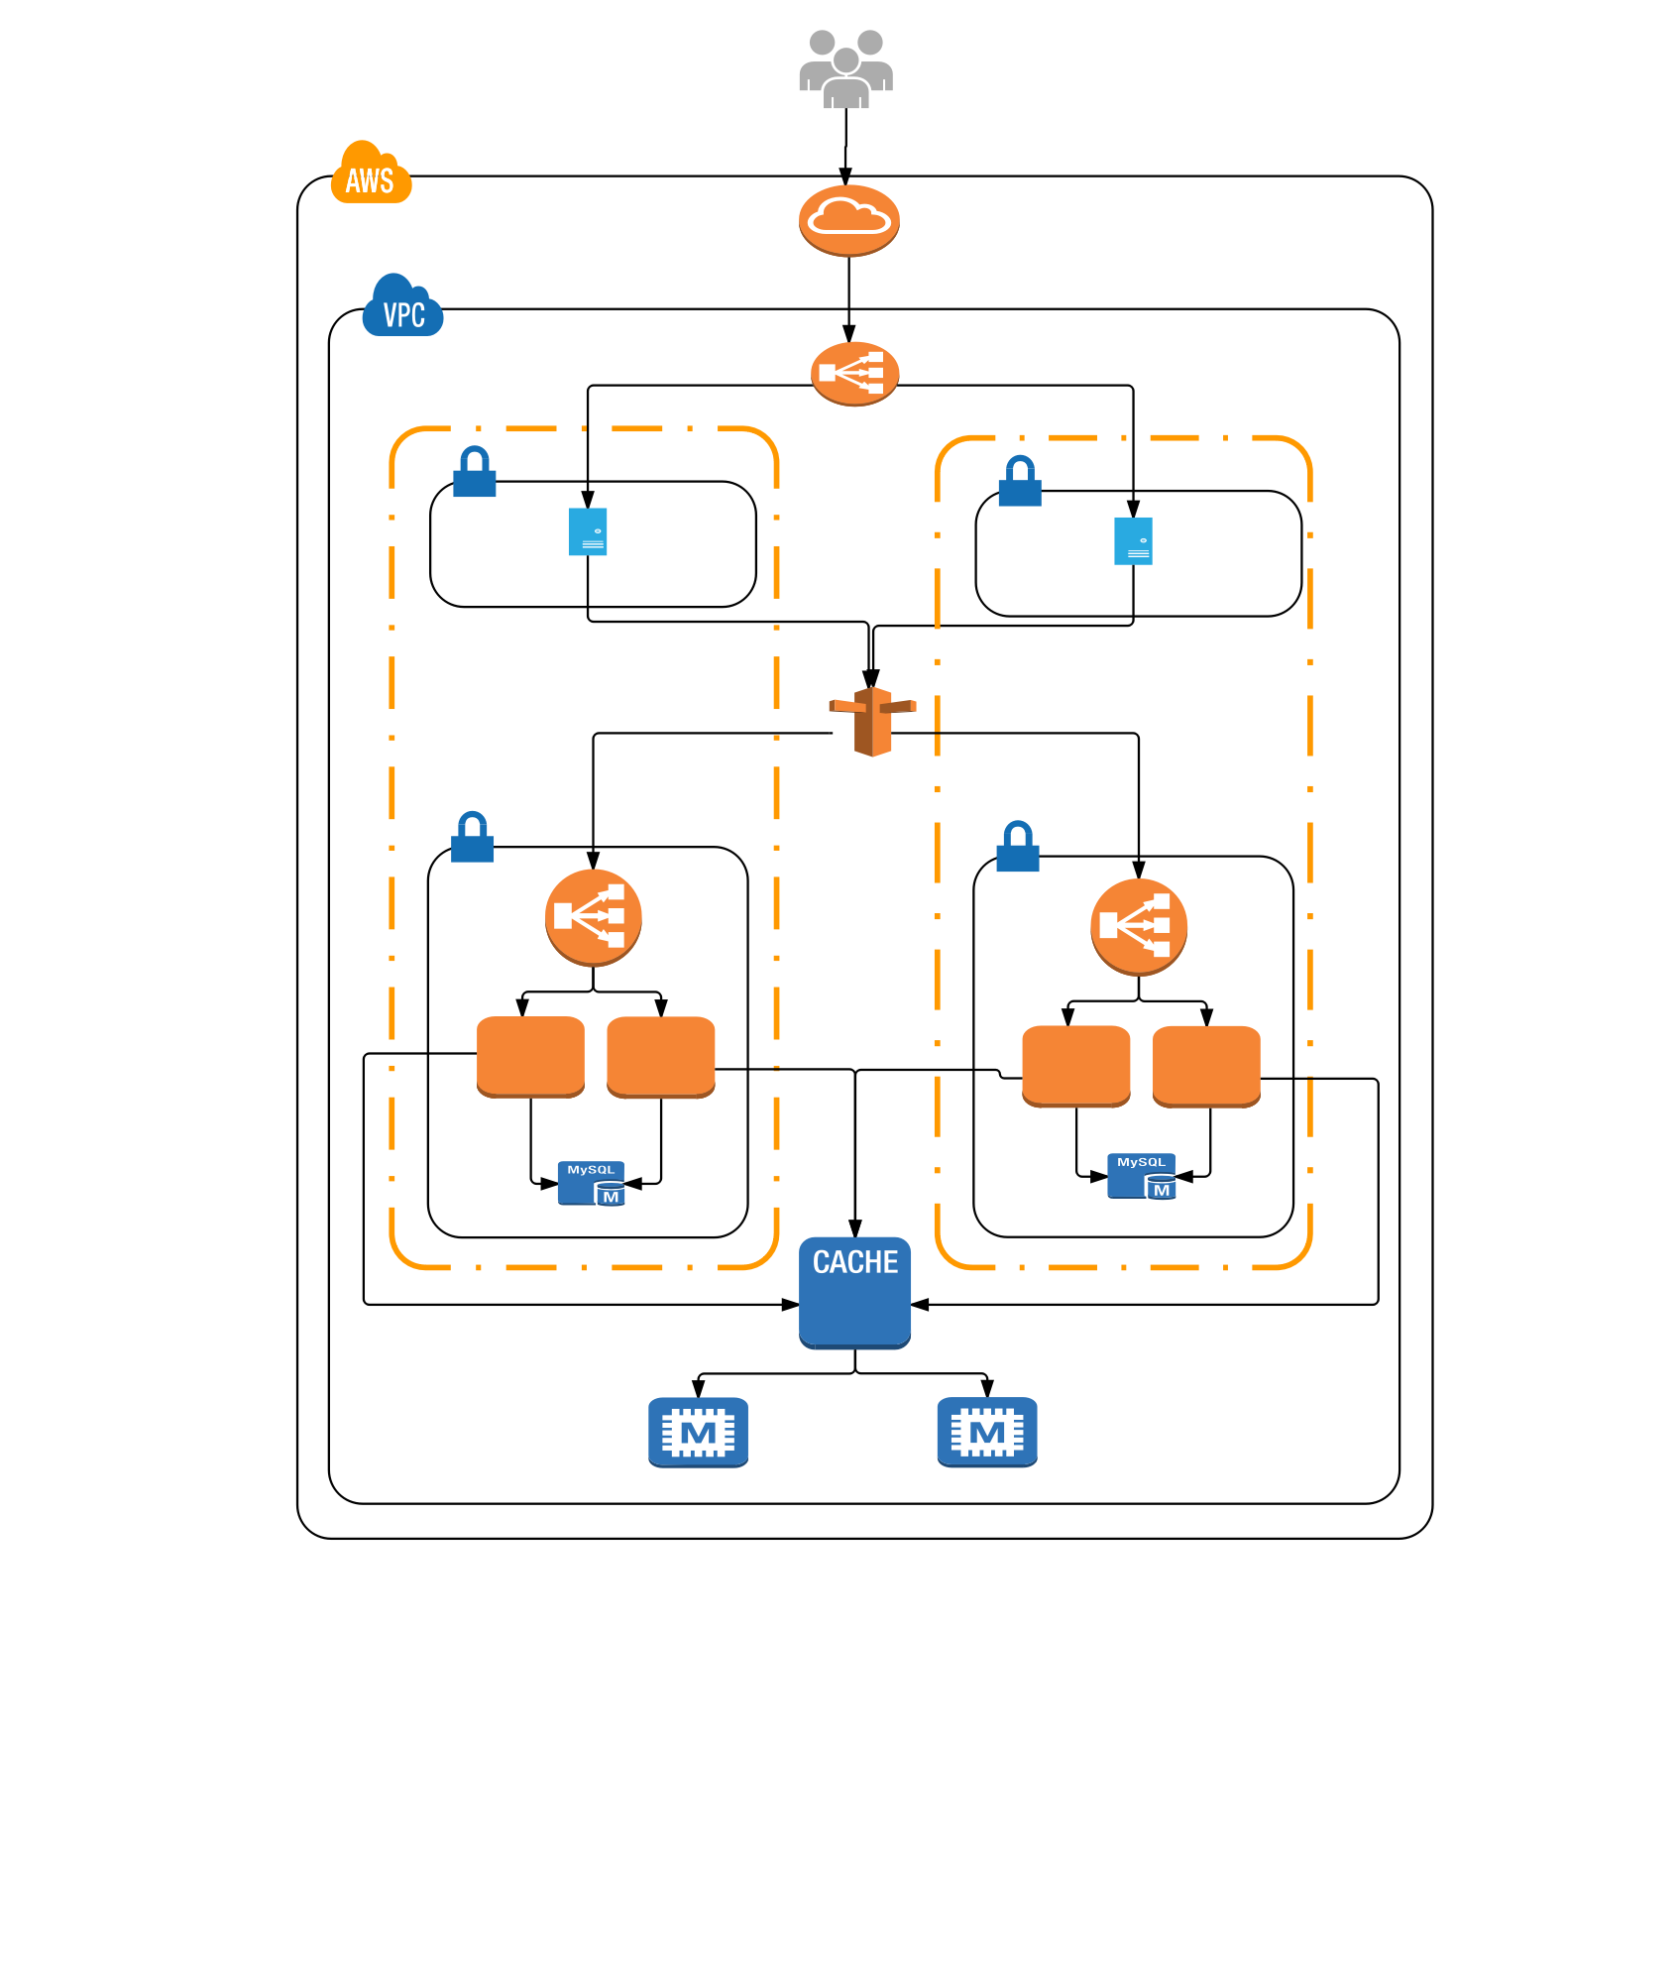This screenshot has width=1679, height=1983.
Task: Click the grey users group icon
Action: tap(845, 68)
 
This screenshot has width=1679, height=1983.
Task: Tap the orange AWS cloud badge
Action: tap(371, 175)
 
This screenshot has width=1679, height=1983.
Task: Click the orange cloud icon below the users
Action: tap(848, 220)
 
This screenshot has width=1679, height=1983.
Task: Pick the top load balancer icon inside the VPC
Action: tap(854, 373)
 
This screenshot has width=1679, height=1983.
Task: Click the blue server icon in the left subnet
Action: tap(588, 531)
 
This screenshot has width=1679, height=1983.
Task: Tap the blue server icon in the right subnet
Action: tap(1133, 541)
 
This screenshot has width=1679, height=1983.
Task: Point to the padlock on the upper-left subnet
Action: tap(475, 472)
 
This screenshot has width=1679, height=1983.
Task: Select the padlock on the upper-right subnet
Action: tap(1020, 482)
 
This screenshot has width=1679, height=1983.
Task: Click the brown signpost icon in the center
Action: tap(872, 721)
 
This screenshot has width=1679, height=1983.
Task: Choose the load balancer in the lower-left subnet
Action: tap(593, 917)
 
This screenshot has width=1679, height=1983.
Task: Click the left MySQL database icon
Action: tap(592, 1183)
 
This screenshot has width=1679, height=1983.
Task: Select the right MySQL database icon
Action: tap(1142, 1176)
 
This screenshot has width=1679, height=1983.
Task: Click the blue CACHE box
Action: tap(854, 1292)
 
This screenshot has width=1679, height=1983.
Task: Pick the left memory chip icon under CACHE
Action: tap(698, 1432)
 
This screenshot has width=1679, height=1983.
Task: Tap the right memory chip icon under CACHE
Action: tap(987, 1432)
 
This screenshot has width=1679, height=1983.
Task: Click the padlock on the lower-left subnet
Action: tap(473, 838)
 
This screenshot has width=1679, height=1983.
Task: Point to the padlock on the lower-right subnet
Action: tap(1018, 847)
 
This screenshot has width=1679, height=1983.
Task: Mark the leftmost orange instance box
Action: tap(530, 1056)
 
